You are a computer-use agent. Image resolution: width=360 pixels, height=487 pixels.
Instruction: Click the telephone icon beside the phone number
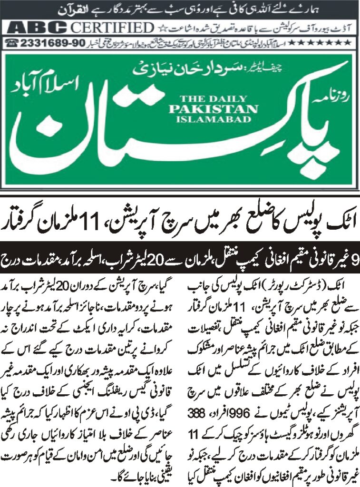[x=12, y=42]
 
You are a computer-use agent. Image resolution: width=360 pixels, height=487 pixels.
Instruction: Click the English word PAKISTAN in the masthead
[x=213, y=109]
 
